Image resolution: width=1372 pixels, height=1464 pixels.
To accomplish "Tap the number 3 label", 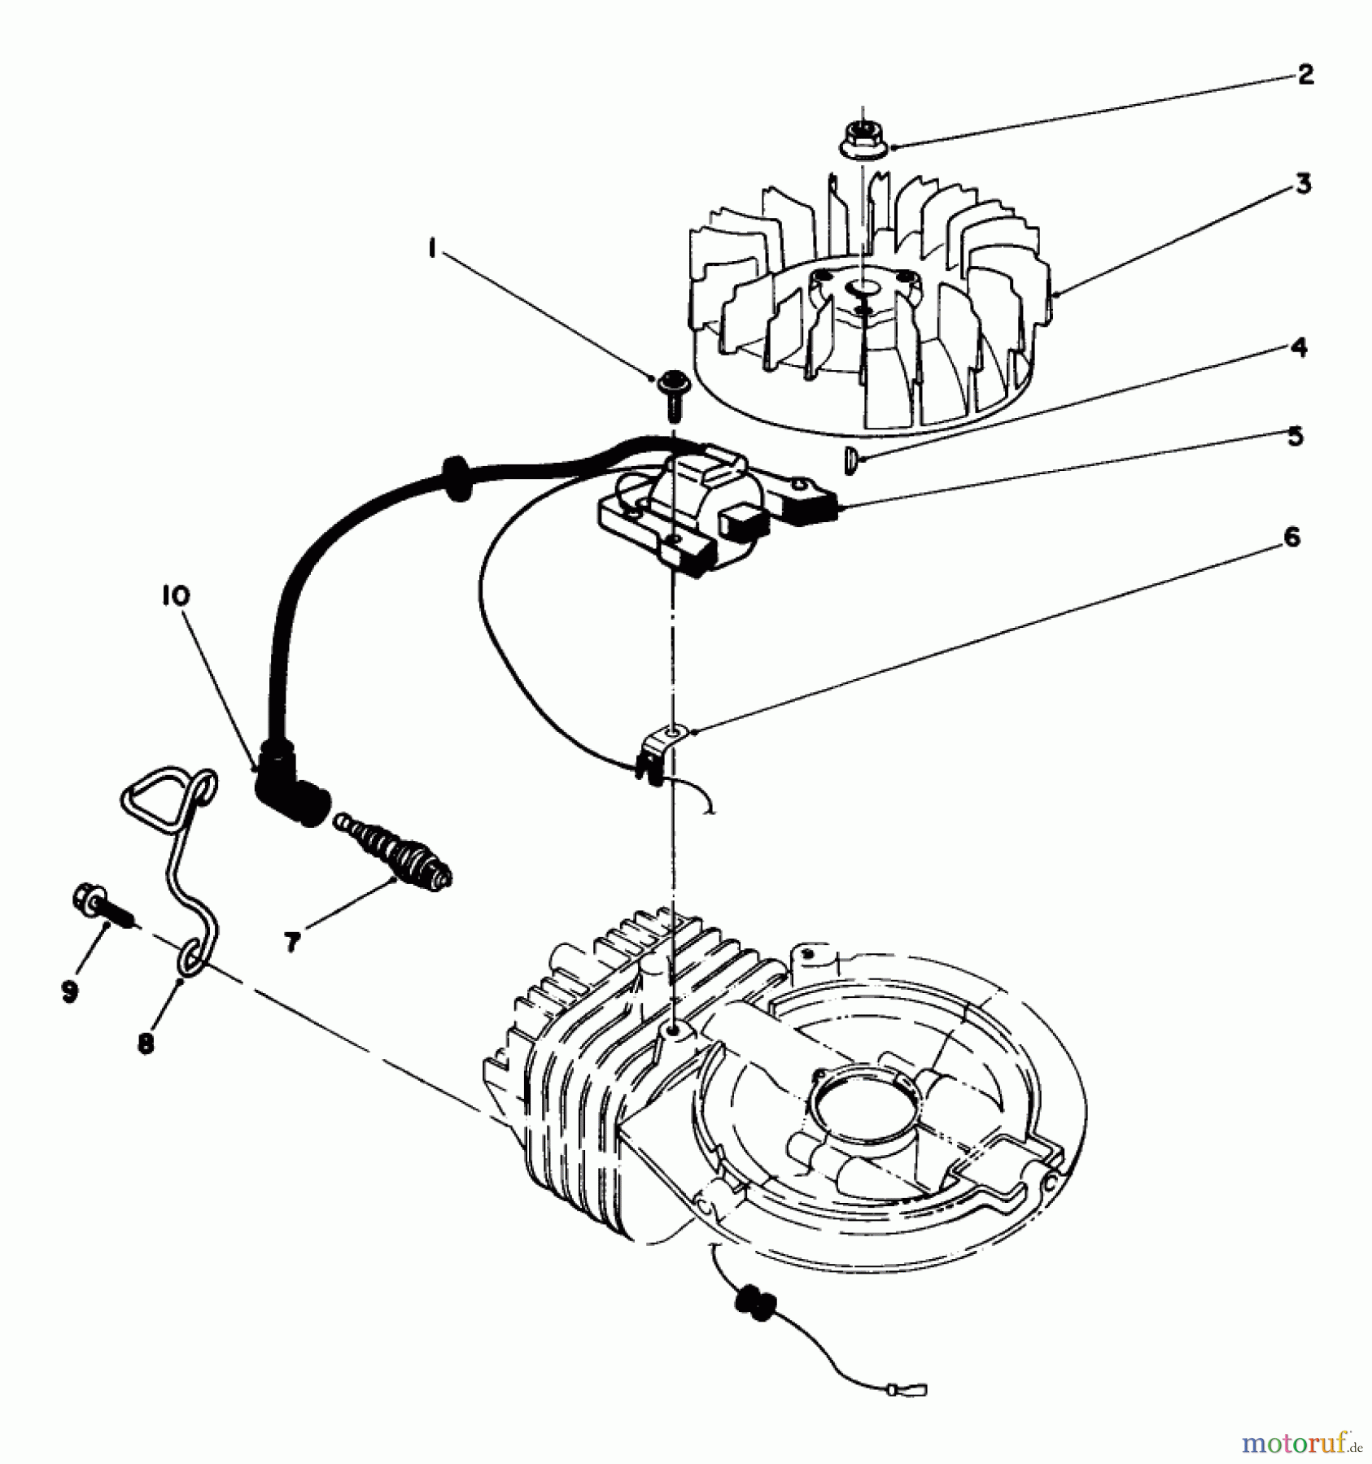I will (x=1304, y=185).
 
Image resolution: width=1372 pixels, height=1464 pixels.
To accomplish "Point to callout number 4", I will (x=1299, y=348).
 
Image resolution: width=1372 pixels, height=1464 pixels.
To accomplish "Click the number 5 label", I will (x=1296, y=436).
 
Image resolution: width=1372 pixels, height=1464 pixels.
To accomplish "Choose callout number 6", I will (x=1291, y=538).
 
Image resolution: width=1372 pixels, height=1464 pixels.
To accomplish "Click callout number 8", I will (x=146, y=1044).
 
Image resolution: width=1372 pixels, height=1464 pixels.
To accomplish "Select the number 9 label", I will (x=70, y=991).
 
